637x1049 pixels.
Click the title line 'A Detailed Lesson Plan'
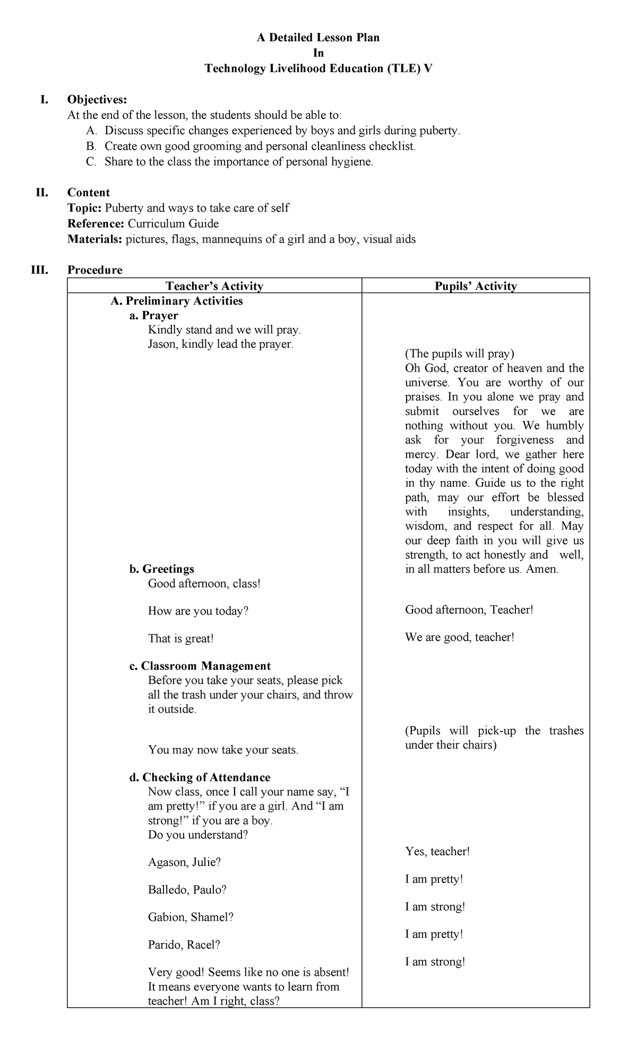pyautogui.click(x=318, y=38)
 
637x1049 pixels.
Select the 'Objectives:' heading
pyautogui.click(x=97, y=100)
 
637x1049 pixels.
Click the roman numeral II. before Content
pyautogui.click(x=42, y=193)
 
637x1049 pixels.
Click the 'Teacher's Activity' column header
pyautogui.click(x=214, y=286)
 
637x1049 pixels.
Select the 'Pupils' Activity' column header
pyautogui.click(x=476, y=286)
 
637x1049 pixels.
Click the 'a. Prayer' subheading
pyautogui.click(x=153, y=316)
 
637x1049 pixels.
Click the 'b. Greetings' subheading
pyautogui.click(x=161, y=569)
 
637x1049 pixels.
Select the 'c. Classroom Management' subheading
pyautogui.click(x=200, y=666)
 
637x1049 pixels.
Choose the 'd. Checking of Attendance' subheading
pyautogui.click(x=200, y=778)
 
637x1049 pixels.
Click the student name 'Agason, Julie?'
pyautogui.click(x=184, y=862)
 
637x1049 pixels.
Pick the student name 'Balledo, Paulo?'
pyautogui.click(x=187, y=890)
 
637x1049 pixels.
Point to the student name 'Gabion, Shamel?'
pyautogui.click(x=191, y=917)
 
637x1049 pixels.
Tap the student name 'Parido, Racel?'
pyautogui.click(x=184, y=945)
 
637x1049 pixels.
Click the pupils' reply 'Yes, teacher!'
pyautogui.click(x=437, y=852)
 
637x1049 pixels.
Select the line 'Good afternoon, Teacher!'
pyautogui.click(x=469, y=610)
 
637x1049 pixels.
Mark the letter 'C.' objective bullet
pyautogui.click(x=91, y=162)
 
